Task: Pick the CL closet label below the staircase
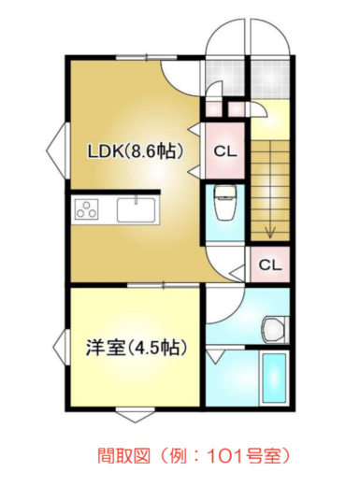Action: coord(269,265)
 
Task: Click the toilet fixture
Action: coord(224,202)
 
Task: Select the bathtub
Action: coord(275,379)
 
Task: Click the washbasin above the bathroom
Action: coord(272,327)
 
